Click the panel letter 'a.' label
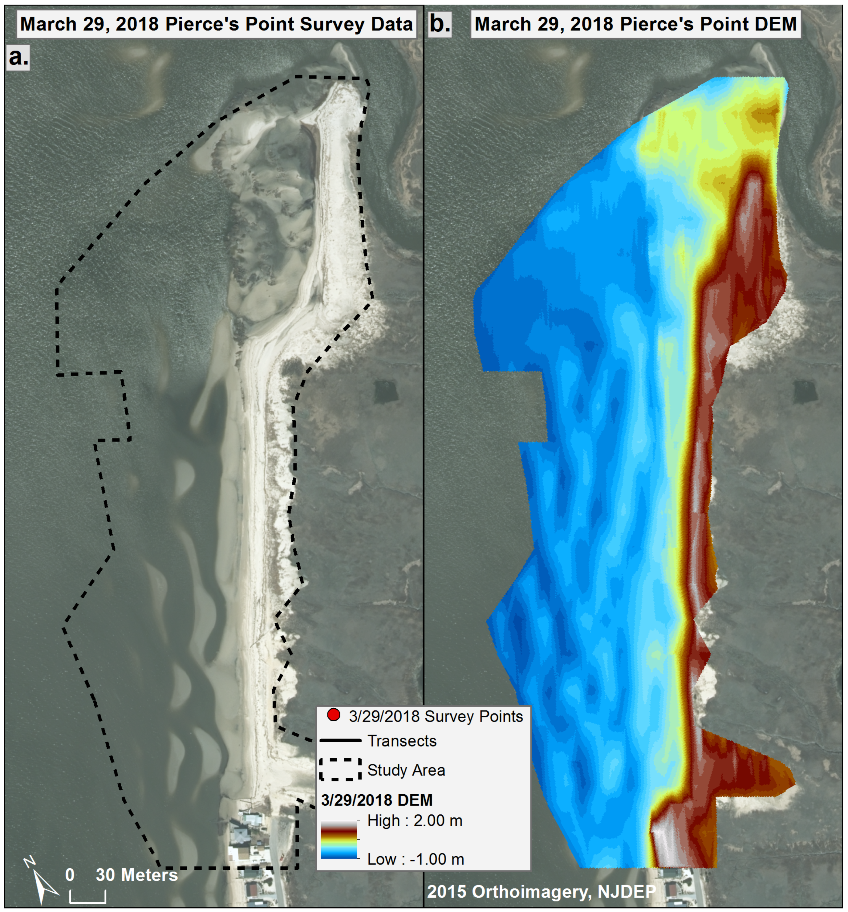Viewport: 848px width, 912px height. [18, 57]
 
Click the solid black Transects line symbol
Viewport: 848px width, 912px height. [340, 740]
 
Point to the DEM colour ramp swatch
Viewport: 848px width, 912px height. [339, 840]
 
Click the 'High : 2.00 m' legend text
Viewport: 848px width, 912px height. [415, 821]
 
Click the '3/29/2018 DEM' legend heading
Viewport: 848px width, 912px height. [376, 800]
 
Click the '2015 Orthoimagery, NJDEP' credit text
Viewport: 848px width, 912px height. [541, 891]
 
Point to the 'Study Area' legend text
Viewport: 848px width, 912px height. [406, 770]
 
